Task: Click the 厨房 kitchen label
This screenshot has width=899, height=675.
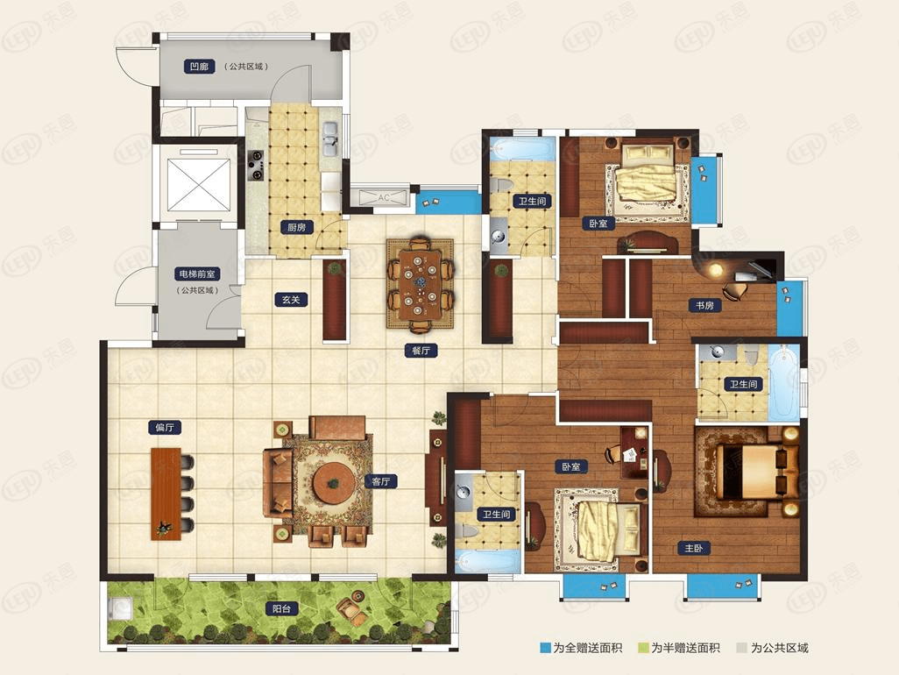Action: click(x=296, y=227)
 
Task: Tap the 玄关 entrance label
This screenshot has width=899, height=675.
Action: click(x=291, y=299)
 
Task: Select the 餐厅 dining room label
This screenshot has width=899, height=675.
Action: click(x=421, y=350)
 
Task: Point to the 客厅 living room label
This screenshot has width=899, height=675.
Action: click(x=381, y=481)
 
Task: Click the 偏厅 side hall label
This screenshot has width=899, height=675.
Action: click(x=165, y=427)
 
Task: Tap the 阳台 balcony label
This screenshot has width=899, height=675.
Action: click(x=281, y=608)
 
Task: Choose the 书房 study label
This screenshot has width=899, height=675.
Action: click(x=704, y=306)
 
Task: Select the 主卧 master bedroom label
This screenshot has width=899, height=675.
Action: click(x=693, y=548)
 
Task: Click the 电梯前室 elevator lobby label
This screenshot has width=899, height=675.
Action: click(x=196, y=274)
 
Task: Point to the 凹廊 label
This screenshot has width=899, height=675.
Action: click(x=199, y=67)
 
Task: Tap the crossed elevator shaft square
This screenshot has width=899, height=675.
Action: click(x=198, y=185)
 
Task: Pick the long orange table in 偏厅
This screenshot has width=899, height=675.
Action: click(x=166, y=494)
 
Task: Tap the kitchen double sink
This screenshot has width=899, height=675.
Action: click(x=329, y=139)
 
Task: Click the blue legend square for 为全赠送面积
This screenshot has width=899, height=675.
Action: click(x=545, y=648)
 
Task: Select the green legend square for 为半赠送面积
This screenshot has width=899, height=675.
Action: click(x=643, y=648)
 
